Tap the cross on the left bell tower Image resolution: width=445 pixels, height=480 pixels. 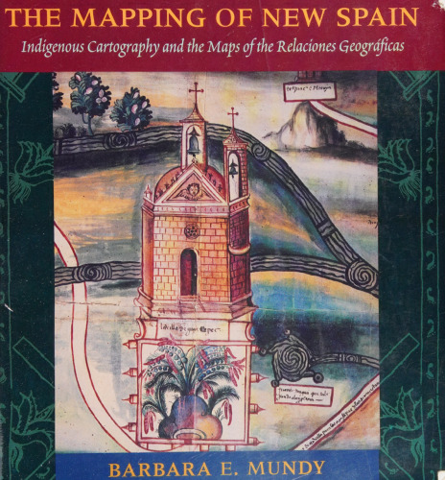click(196, 93)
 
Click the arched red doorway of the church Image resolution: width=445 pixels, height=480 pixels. click(189, 272)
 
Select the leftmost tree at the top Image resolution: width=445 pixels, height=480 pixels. click(89, 96)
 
